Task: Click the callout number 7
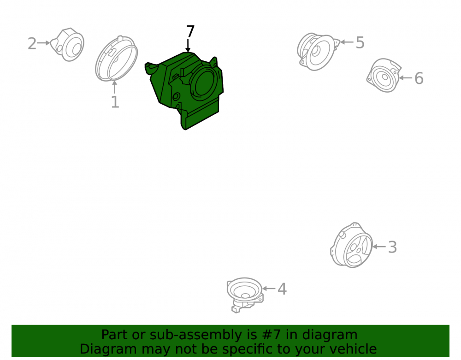tap(190, 31)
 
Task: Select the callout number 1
tap(115, 102)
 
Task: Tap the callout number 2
tap(32, 43)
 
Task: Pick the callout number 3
tap(392, 247)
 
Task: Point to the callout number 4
tap(282, 289)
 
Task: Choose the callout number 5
tap(360, 42)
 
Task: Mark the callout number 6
tap(419, 78)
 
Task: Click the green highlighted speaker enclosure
tap(185, 89)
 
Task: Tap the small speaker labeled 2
tap(68, 45)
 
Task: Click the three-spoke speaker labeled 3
tap(352, 245)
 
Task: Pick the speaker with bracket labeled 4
tap(245, 295)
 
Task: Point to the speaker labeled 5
tap(318, 52)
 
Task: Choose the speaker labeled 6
tap(384, 75)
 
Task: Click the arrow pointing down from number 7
tap(188, 46)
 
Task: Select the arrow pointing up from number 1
tap(115, 87)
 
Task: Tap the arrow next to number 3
tap(379, 247)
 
